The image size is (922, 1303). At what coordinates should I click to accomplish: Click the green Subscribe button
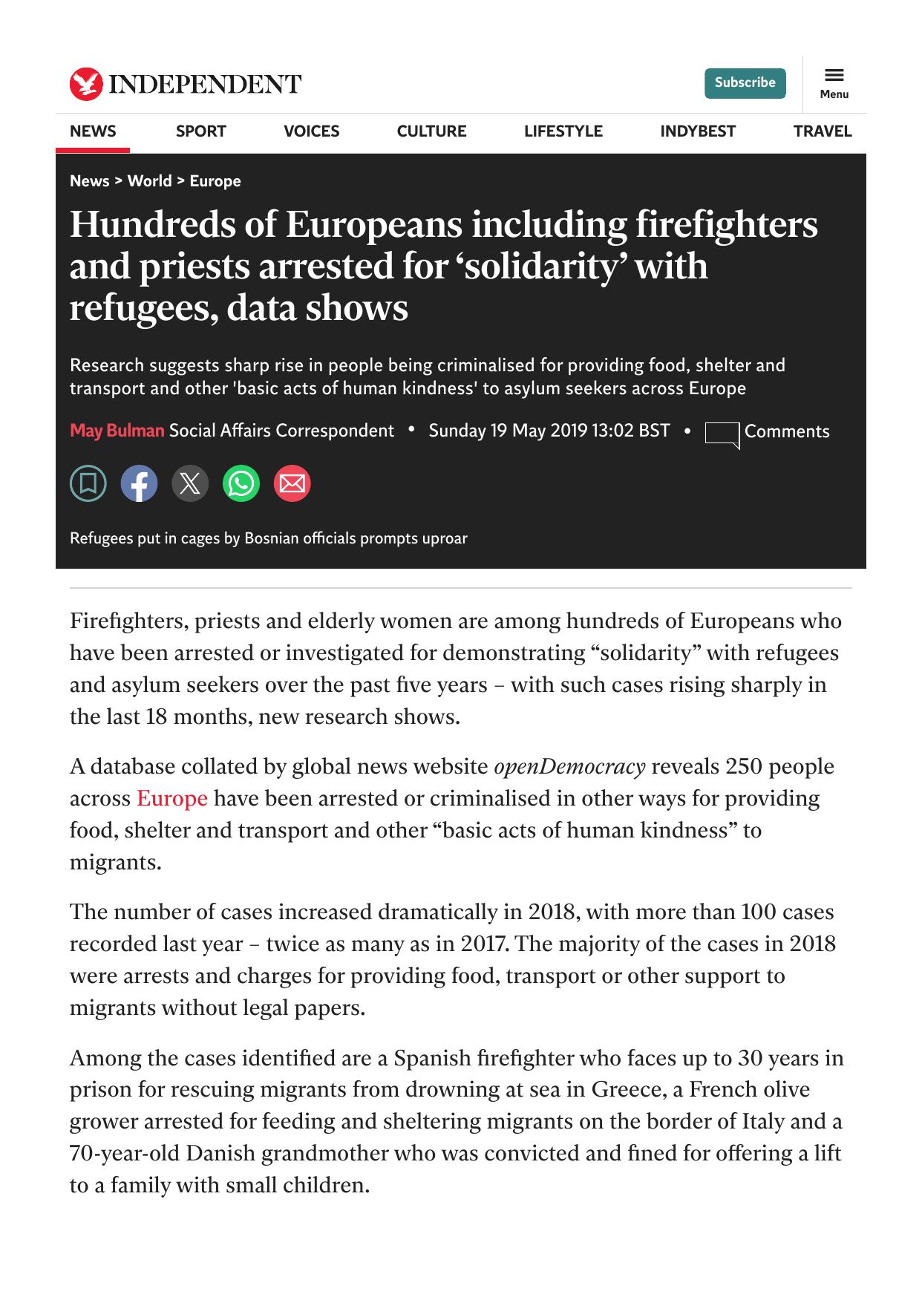click(x=745, y=83)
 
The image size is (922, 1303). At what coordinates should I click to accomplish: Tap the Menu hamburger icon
click(x=834, y=75)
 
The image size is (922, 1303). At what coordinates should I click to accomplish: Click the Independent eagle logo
click(x=86, y=84)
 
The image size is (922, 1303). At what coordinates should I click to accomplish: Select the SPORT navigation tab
click(x=200, y=131)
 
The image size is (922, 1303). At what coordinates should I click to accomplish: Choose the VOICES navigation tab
click(x=311, y=131)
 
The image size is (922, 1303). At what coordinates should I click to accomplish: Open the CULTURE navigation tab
click(x=431, y=131)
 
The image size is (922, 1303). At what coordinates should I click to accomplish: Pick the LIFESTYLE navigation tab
click(x=563, y=131)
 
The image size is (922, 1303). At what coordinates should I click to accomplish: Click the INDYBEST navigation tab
click(x=698, y=131)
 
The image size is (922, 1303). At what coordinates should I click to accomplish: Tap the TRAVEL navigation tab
click(x=822, y=131)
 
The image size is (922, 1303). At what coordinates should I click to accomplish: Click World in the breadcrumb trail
click(x=149, y=181)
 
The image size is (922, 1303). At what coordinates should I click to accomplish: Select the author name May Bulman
click(x=117, y=431)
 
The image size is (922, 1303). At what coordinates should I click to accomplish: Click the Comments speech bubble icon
click(x=722, y=434)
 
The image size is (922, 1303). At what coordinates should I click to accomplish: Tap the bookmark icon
click(x=88, y=484)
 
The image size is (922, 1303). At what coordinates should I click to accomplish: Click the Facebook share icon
click(x=140, y=484)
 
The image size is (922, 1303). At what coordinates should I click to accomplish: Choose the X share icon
click(x=190, y=484)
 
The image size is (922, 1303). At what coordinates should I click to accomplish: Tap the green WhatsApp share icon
click(x=241, y=484)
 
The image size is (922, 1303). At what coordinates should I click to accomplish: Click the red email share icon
click(x=292, y=484)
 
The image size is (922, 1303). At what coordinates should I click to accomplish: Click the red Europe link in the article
click(x=171, y=798)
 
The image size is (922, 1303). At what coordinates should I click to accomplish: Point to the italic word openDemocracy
click(x=569, y=766)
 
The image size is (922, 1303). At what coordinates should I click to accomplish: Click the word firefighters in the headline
click(x=726, y=225)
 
